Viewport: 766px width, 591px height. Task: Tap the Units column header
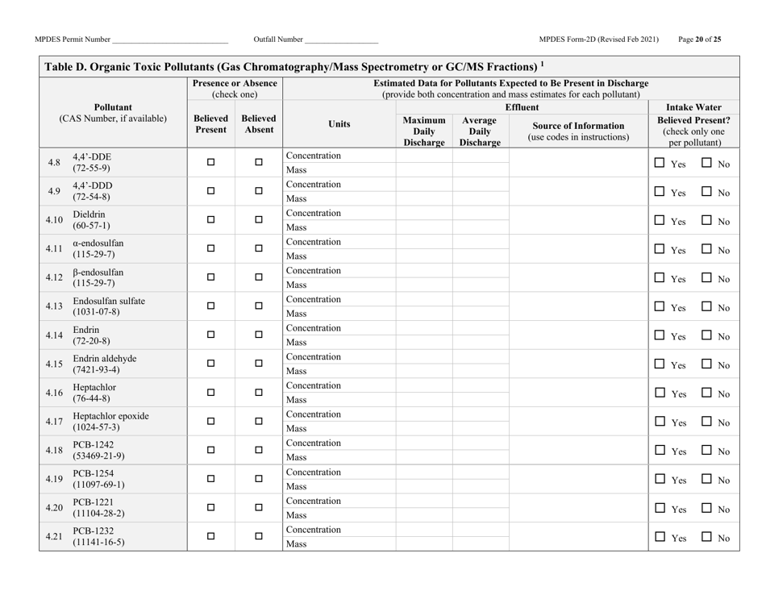(x=339, y=124)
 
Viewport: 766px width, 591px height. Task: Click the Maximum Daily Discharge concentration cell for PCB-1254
(x=423, y=472)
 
